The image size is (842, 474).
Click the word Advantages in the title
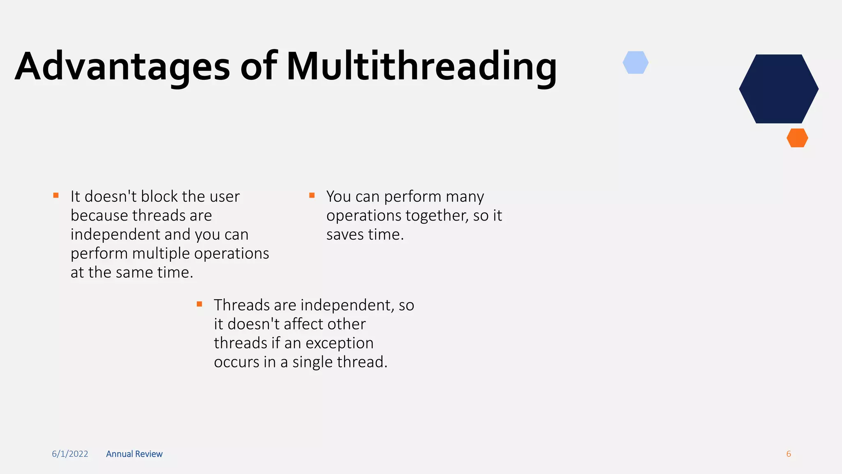122,67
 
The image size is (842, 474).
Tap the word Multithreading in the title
421,67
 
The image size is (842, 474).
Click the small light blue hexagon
636,63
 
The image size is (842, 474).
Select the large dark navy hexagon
779,89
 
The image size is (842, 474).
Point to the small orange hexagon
797,138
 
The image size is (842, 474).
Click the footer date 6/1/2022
70,454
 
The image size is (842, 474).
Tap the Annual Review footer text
134,454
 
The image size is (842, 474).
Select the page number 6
789,454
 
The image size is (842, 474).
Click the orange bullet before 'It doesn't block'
56,195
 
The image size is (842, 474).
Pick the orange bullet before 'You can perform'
312,195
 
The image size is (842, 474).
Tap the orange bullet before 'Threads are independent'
199,304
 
